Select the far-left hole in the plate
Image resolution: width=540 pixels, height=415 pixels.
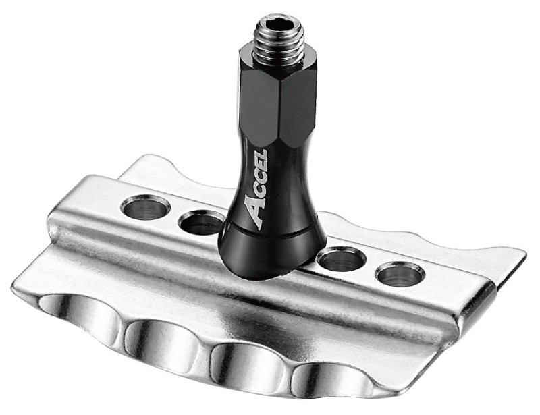pyautogui.click(x=145, y=207)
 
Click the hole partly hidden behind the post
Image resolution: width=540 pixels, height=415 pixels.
pyautogui.click(x=200, y=223)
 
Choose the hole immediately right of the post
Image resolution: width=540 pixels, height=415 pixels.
pyautogui.click(x=341, y=259)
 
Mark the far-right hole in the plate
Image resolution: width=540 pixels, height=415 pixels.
pyautogui.click(x=400, y=273)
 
